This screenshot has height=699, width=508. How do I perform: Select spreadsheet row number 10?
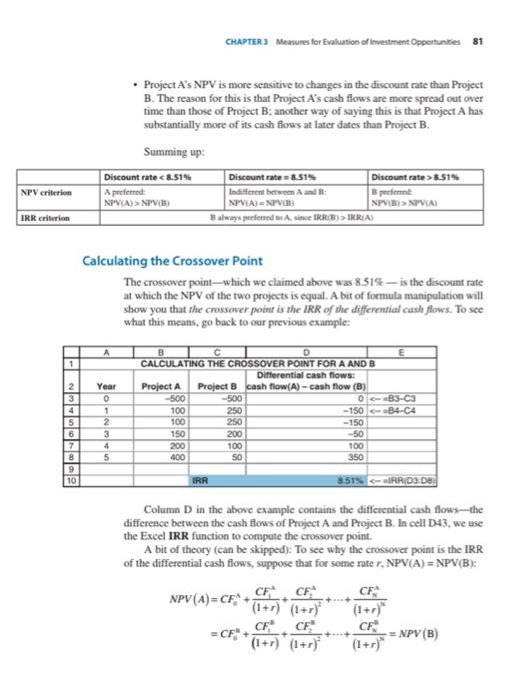click(x=71, y=479)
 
